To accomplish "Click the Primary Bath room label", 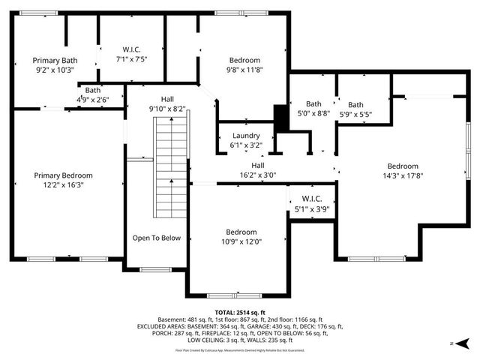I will [x=55, y=64].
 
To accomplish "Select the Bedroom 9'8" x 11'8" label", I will [x=244, y=65].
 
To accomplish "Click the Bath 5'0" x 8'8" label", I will [x=313, y=109].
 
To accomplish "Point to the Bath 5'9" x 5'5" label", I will [x=355, y=109].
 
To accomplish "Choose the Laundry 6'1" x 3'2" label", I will [x=245, y=140].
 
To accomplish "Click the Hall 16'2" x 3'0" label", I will [x=258, y=170].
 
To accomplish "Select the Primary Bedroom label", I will [x=68, y=180].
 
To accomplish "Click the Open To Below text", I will [x=157, y=238].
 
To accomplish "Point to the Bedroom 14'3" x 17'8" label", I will [x=403, y=172].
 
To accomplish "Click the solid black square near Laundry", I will [x=281, y=118].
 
